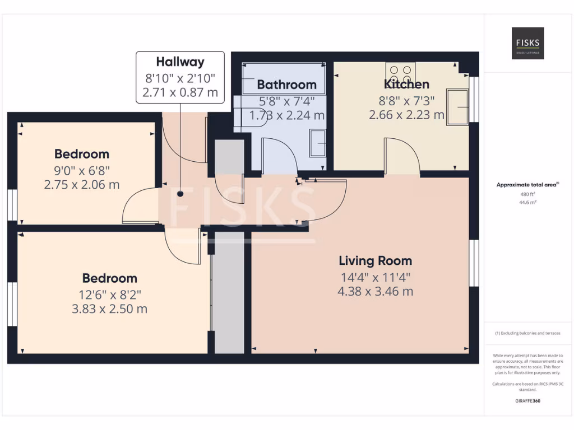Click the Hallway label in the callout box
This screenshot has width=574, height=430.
pyautogui.click(x=180, y=62)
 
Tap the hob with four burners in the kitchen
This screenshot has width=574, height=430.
pyautogui.click(x=400, y=72)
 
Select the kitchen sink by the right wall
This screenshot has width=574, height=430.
pyautogui.click(x=457, y=106)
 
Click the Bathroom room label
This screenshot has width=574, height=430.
pyautogui.click(x=286, y=85)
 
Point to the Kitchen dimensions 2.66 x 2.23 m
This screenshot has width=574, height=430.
pyautogui.click(x=406, y=115)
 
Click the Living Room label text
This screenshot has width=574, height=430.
pyautogui.click(x=375, y=260)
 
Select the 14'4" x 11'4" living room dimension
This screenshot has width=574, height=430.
pyautogui.click(x=375, y=277)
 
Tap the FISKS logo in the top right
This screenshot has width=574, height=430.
pyautogui.click(x=527, y=43)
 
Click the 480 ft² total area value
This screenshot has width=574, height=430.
pyautogui.click(x=527, y=194)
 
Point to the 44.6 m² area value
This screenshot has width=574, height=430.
pyautogui.click(x=527, y=203)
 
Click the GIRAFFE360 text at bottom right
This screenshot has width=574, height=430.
pyautogui.click(x=527, y=401)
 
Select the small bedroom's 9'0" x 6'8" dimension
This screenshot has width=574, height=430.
pyautogui.click(x=82, y=170)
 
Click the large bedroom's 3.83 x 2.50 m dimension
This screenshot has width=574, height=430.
pyautogui.click(x=110, y=309)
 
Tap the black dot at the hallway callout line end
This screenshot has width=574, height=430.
pyautogui.click(x=180, y=194)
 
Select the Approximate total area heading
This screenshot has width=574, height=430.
pyautogui.click(x=527, y=185)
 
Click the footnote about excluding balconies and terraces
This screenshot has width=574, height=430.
pyautogui.click(x=527, y=333)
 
